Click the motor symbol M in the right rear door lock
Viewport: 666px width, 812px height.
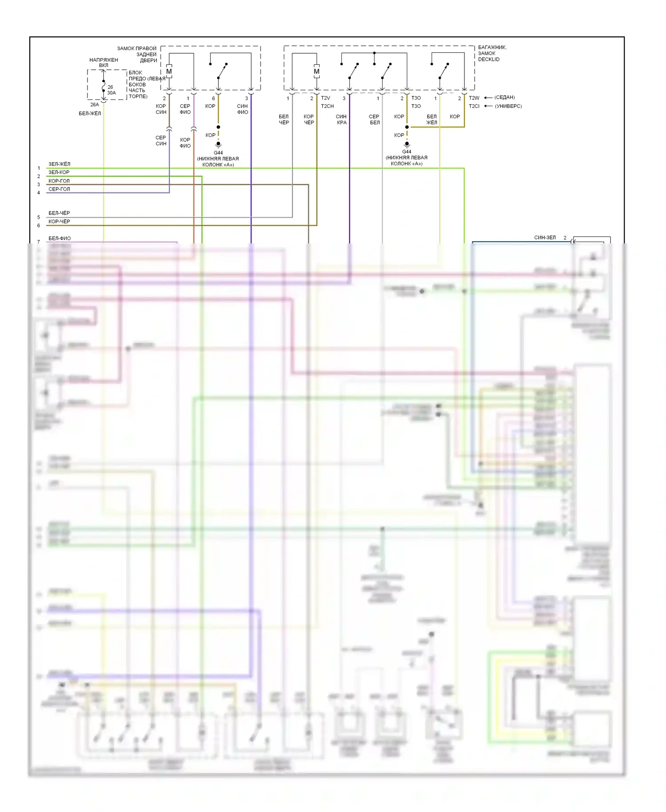(x=169, y=72)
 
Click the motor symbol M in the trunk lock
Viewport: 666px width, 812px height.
(x=317, y=72)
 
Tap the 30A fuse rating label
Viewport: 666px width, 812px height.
(x=111, y=93)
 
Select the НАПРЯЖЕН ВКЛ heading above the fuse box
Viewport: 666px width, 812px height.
(x=103, y=63)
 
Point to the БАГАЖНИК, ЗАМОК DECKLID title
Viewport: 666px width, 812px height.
(x=492, y=53)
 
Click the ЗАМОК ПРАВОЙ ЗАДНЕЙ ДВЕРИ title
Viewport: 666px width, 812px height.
(x=137, y=54)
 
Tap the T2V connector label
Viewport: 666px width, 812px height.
(x=325, y=98)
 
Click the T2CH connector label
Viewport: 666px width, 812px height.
(x=327, y=106)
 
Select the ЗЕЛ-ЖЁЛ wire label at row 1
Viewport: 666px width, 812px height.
(x=59, y=164)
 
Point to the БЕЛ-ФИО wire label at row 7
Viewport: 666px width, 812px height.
(x=59, y=239)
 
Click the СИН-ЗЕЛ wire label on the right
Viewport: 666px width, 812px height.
(x=545, y=238)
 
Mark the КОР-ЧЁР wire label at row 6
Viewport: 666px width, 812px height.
(x=59, y=222)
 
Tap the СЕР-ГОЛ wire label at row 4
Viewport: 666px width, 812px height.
(x=59, y=189)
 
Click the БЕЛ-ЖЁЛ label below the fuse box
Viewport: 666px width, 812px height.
(x=90, y=114)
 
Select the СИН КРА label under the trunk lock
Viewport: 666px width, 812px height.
(x=341, y=119)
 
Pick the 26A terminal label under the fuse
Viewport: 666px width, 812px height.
(x=95, y=105)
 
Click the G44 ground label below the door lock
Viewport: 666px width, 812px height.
(x=218, y=153)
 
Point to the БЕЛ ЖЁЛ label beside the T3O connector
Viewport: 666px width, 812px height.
(x=432, y=119)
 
